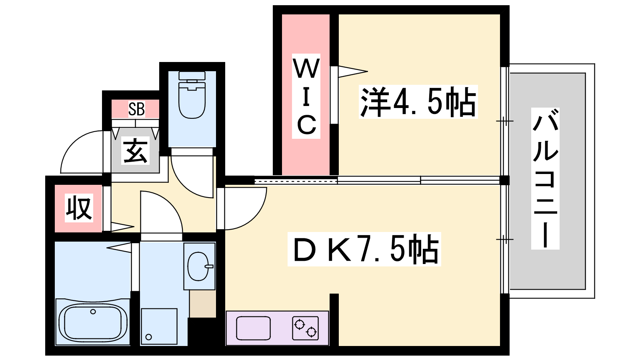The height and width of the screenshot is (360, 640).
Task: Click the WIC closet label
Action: pos(306,96)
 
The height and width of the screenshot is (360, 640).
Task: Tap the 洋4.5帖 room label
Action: pos(418,102)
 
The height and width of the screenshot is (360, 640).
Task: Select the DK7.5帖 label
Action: pos(364,249)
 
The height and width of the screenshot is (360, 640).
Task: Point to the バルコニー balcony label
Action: pos(545,178)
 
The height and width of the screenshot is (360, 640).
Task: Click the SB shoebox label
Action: pos(136,109)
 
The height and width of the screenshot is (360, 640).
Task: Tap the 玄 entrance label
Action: pos(136,150)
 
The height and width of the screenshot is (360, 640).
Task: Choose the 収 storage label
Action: pos(79,208)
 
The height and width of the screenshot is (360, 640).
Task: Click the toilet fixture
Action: pos(192,95)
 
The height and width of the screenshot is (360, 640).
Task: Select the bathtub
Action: pos(92,321)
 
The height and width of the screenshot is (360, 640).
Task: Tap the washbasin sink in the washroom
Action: pos(199,266)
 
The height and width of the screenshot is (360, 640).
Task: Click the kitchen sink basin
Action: pos(254,328)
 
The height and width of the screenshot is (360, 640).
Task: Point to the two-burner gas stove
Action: pos(306,328)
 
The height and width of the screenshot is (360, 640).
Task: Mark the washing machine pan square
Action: pos(159,326)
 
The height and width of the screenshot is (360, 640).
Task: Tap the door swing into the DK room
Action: pos(256,216)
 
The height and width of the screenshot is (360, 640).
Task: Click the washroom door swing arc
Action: pos(170,202)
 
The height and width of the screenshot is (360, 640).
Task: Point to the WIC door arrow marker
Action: pos(353,72)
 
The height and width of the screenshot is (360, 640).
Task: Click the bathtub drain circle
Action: pos(93,312)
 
